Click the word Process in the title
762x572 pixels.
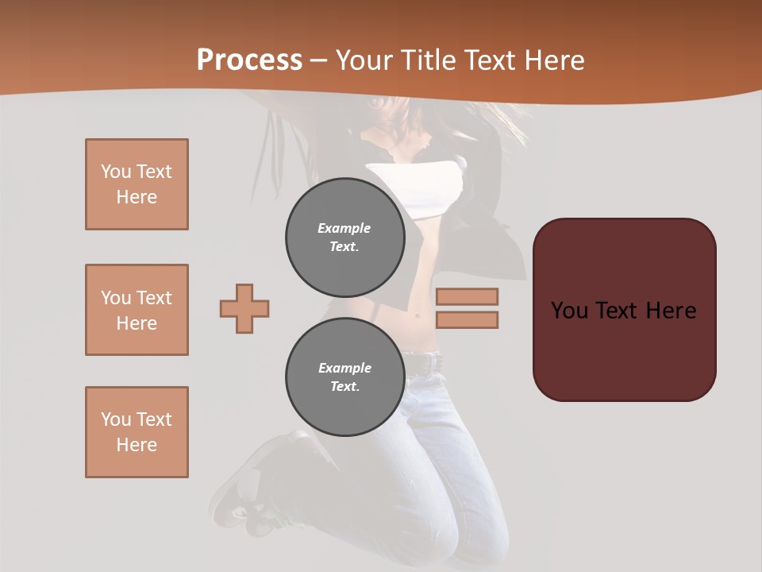pos(249,60)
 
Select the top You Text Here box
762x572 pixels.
pos(137,184)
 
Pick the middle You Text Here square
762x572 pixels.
pos(137,310)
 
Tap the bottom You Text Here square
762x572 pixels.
pos(137,431)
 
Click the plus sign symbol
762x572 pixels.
pos(244,308)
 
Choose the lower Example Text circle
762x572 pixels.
pos(344,377)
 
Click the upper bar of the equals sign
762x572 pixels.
pos(467,296)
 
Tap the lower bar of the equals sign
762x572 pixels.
pos(467,320)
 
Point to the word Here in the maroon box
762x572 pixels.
pos(671,310)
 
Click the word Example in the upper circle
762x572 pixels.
pos(344,228)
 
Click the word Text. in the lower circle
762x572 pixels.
pos(344,387)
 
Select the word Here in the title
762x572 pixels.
pos(554,60)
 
